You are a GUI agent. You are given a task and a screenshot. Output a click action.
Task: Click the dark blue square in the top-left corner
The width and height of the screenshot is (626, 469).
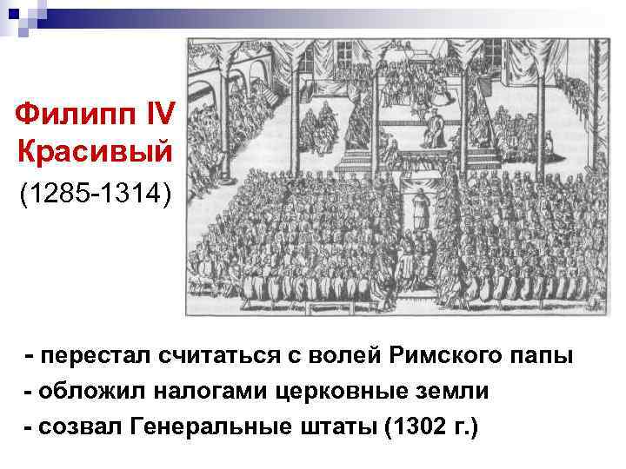tap(14, 13)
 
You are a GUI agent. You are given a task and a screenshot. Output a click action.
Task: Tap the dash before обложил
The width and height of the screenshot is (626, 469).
tap(31, 392)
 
